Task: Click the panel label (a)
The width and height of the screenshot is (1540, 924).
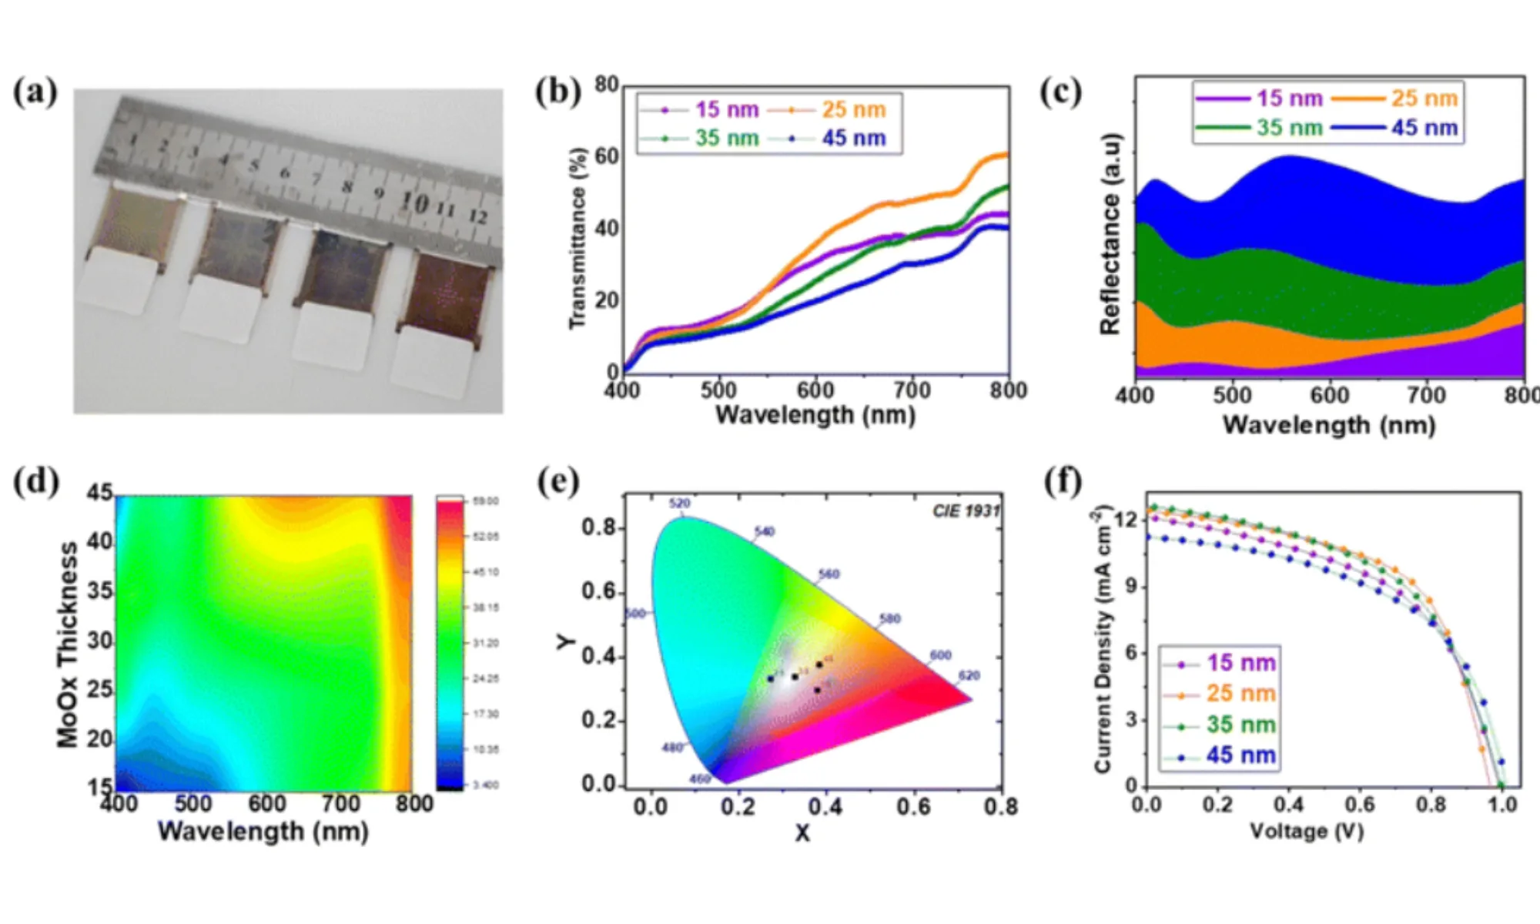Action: (x=35, y=92)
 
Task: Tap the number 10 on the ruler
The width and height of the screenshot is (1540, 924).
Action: (x=413, y=203)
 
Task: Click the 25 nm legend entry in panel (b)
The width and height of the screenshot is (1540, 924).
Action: (x=853, y=109)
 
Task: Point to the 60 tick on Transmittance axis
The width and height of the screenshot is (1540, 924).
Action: (x=607, y=156)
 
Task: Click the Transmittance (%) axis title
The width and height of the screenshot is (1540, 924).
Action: (x=577, y=239)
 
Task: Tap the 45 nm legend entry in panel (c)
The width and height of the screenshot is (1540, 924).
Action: (x=1424, y=127)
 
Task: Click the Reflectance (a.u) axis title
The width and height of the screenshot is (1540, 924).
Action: (x=1110, y=235)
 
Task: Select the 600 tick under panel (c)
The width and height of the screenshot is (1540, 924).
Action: (x=1329, y=395)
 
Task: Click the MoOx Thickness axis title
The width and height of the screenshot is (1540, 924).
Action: (x=68, y=645)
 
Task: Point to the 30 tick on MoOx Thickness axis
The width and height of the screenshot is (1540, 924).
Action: (x=100, y=640)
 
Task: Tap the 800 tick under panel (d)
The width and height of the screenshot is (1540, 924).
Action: (x=414, y=804)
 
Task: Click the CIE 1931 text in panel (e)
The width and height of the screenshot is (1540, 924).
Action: (x=966, y=511)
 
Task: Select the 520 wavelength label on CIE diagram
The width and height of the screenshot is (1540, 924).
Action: (x=679, y=504)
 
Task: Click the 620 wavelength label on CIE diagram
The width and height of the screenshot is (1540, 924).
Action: (x=969, y=675)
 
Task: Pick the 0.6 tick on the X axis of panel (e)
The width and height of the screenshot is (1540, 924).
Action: (x=913, y=806)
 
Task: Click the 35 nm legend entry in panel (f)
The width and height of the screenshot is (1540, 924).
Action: (x=1240, y=724)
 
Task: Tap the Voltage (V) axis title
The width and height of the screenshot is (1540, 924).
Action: (x=1307, y=831)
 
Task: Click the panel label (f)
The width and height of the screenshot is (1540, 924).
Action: (x=1063, y=482)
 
